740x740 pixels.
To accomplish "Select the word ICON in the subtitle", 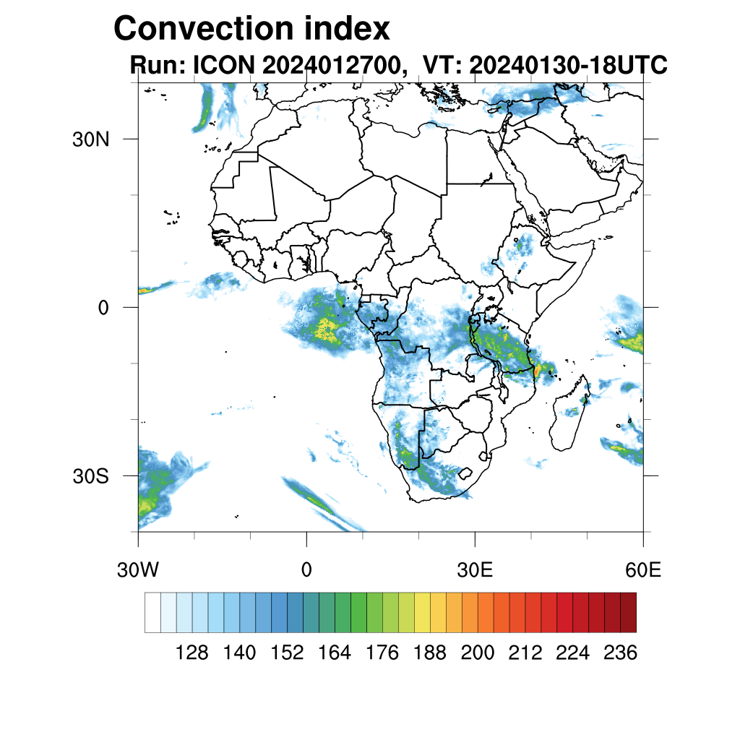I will [223, 66].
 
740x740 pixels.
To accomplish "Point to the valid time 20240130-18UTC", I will [568, 66].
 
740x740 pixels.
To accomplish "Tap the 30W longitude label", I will [137, 570].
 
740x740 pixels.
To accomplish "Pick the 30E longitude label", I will [475, 570].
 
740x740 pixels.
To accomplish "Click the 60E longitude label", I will [643, 570].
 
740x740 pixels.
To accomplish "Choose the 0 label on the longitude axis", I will [306, 570].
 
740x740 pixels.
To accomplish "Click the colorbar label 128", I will [192, 653].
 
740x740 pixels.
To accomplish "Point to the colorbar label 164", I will [335, 653].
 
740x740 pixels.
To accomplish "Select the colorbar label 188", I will [430, 653].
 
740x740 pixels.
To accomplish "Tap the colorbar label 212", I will [525, 653].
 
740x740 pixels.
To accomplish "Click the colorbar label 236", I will [619, 653].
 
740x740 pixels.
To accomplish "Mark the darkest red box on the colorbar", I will [628, 612].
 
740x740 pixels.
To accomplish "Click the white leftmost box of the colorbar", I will [152, 612].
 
